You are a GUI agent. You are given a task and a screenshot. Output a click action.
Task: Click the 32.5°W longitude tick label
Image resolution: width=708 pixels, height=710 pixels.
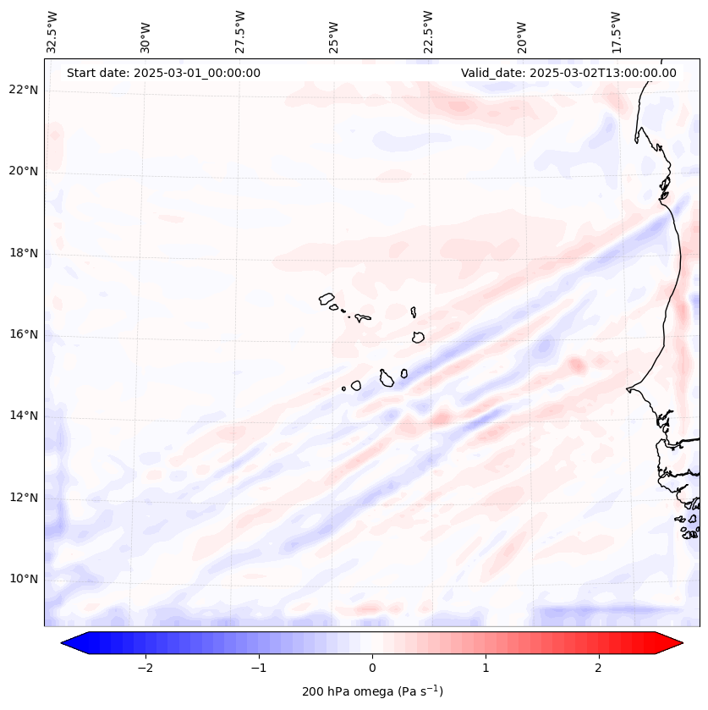pos(52,31)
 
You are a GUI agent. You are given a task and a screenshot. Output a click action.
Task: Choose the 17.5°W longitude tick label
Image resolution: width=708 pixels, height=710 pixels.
pos(616,31)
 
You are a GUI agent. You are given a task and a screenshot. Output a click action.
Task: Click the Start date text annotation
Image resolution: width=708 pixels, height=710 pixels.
pos(163,73)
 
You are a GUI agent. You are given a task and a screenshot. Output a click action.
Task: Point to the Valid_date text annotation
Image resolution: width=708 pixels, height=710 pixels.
pos(568,73)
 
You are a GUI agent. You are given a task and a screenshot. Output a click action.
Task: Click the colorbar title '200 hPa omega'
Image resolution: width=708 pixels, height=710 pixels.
pos(372,691)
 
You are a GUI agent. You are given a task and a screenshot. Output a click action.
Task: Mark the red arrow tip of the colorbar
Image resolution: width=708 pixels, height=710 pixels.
pos(682,643)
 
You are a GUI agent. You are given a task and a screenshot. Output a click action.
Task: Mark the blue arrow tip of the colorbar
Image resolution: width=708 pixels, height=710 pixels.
pos(63,643)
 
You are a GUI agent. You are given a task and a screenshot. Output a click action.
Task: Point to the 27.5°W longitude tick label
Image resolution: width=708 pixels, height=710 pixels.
pos(240,31)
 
